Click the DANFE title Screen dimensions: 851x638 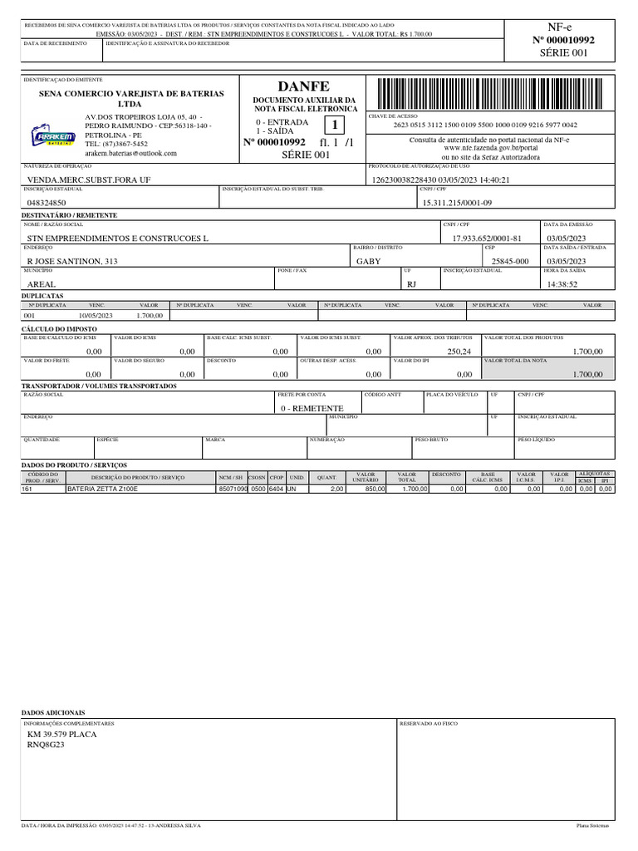(304, 86)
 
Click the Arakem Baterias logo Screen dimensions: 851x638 (53, 137)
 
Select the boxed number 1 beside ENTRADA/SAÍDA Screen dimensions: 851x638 (334, 125)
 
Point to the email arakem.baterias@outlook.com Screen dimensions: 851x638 (130, 154)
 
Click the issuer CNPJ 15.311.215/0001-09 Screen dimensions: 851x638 (457, 203)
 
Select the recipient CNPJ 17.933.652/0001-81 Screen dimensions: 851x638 (487, 239)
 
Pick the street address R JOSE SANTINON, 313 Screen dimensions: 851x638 (72, 261)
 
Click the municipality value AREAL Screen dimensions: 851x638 (42, 284)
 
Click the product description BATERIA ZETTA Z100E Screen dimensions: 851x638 (102, 489)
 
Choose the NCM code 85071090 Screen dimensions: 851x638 (233, 489)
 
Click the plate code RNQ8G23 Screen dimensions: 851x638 (46, 745)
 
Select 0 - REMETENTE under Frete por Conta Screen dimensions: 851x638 (312, 409)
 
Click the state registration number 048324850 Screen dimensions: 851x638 (47, 203)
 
